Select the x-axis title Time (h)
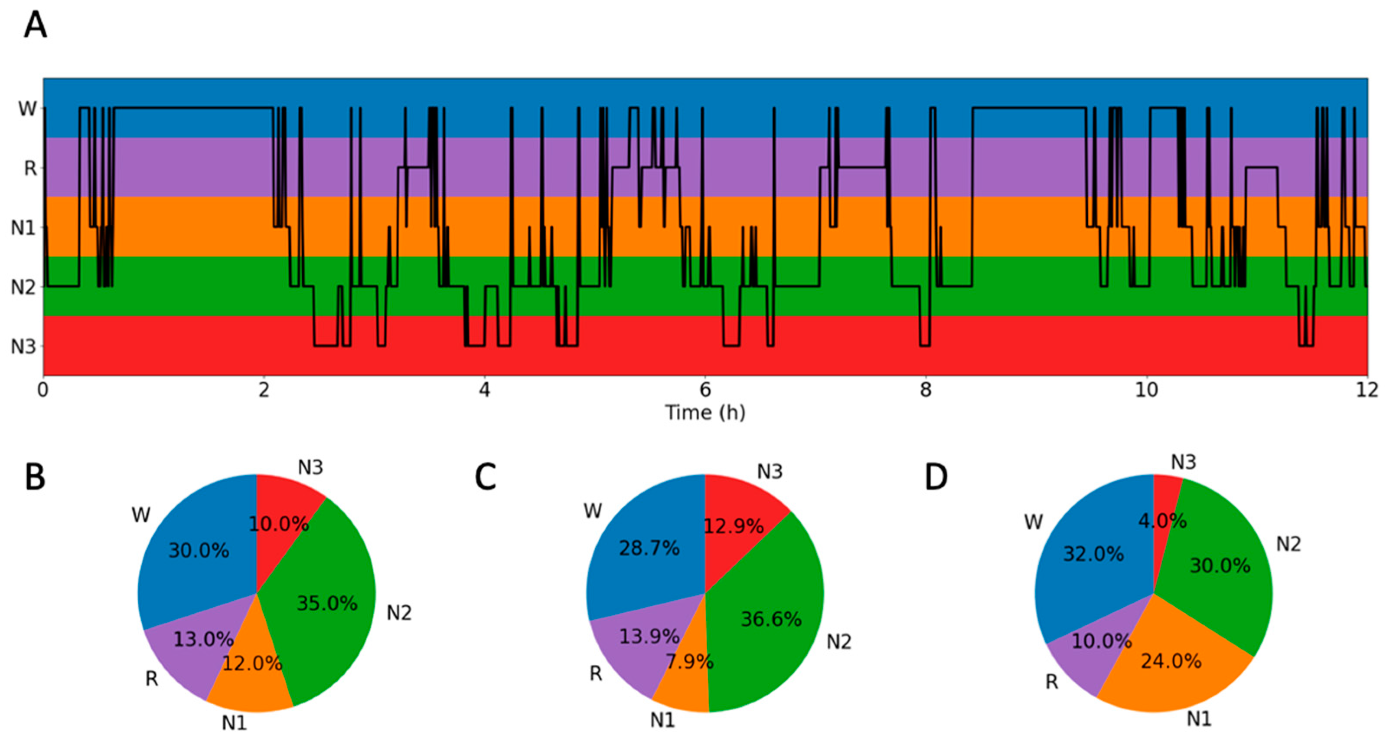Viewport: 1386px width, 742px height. pyautogui.click(x=705, y=413)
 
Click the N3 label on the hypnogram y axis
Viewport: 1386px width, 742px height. pyautogui.click(x=24, y=346)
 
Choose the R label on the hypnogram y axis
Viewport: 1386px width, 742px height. pyautogui.click(x=31, y=168)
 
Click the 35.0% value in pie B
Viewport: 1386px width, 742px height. pyautogui.click(x=326, y=603)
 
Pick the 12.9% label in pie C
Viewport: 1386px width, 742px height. pyautogui.click(x=734, y=526)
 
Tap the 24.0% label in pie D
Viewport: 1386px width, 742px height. pyautogui.click(x=1171, y=661)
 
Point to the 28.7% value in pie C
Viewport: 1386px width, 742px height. pyautogui.click(x=649, y=548)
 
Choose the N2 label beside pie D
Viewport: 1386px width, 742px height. pyautogui.click(x=1288, y=545)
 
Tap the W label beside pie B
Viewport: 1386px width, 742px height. pyautogui.click(x=141, y=515)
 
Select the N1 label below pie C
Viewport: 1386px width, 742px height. pyautogui.click(x=662, y=720)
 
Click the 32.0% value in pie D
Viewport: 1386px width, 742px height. pyautogui.click(x=1093, y=554)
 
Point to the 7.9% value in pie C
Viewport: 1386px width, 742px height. pyautogui.click(x=689, y=662)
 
